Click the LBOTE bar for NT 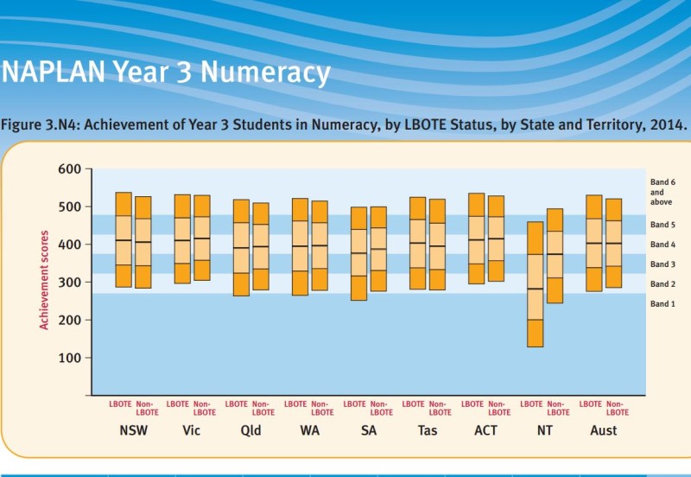[536, 284]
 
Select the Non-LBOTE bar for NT [555, 256]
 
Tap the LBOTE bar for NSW [124, 239]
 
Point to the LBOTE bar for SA [358, 253]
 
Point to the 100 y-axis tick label [69, 358]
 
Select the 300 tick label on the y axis [69, 283]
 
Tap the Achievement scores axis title [43, 279]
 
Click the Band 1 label [662, 304]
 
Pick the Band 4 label [662, 245]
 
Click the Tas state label [427, 429]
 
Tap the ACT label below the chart [485, 429]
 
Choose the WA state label [308, 429]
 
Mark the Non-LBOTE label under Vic [202, 408]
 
